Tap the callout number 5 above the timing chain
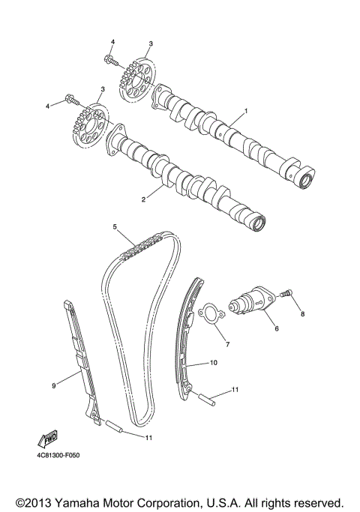click(x=115, y=226)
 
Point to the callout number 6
click(x=275, y=328)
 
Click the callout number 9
click(x=54, y=385)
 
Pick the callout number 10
click(x=214, y=363)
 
